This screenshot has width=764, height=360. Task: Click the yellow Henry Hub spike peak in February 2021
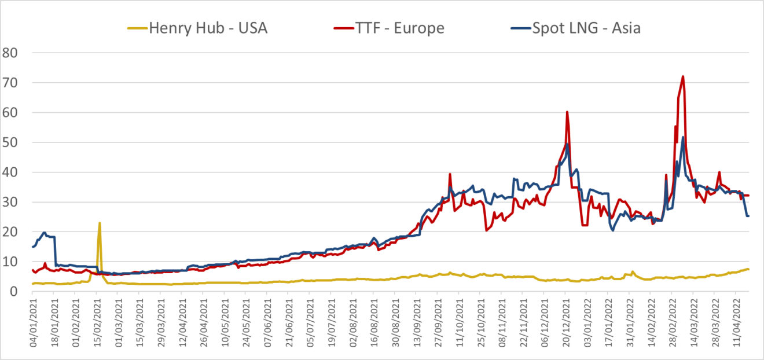point(100,223)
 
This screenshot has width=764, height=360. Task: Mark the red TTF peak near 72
point(684,76)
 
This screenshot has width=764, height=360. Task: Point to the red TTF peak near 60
point(567,112)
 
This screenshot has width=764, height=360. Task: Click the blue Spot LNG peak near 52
point(684,137)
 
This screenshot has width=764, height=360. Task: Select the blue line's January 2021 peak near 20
point(44,233)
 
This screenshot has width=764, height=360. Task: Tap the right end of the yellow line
point(749,269)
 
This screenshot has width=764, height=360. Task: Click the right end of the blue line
point(749,216)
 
